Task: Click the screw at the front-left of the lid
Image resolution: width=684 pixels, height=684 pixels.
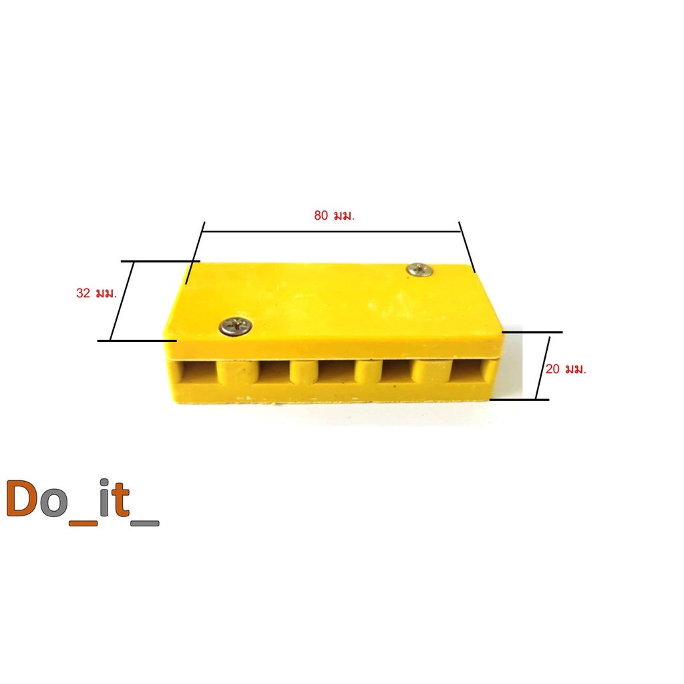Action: [236, 326]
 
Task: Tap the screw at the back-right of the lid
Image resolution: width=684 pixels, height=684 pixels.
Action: [419, 270]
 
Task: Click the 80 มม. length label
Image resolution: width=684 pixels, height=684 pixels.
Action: [335, 216]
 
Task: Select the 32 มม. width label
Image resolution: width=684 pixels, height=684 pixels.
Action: [97, 293]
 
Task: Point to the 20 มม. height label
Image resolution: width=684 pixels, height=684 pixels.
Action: [566, 369]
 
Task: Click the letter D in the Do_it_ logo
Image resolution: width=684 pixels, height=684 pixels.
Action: [21, 498]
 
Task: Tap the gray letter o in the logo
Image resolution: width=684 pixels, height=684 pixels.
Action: [53, 503]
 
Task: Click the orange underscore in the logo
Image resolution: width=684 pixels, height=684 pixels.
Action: [83, 523]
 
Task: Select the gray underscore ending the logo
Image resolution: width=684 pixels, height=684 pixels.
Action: [145, 523]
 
